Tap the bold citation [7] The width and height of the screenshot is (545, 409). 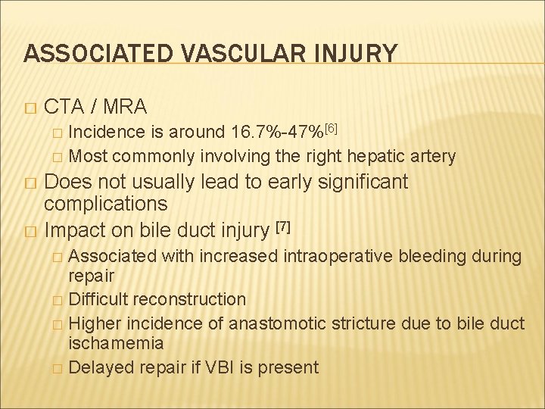point(282,225)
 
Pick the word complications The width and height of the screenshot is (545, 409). point(106,204)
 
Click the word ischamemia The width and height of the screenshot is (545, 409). point(116,344)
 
